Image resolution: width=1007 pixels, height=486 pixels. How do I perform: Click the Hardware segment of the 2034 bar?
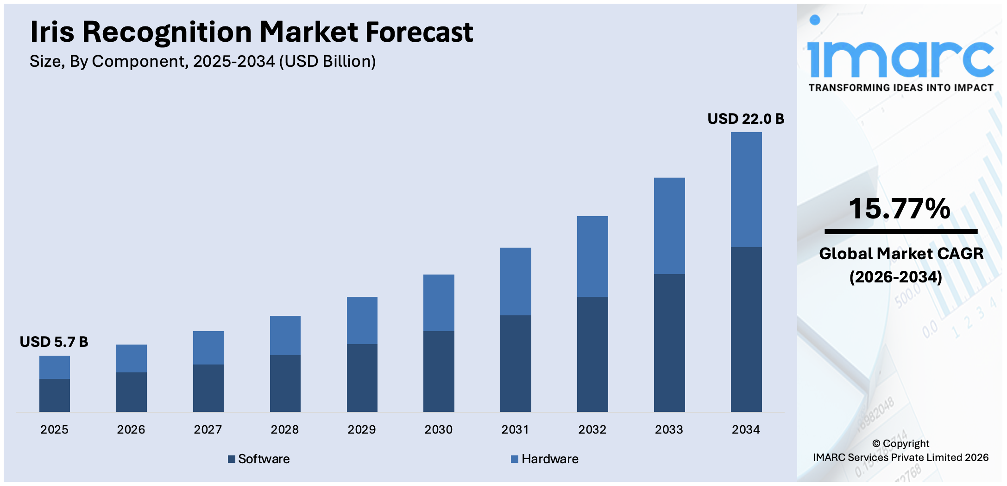pos(746,189)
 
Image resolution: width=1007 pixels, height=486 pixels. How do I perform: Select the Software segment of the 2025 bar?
pos(55,395)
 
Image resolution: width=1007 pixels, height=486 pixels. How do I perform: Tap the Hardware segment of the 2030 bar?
pos(439,302)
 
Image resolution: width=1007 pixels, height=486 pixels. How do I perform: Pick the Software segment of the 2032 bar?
pos(592,354)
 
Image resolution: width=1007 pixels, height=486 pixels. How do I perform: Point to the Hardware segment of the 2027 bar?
pos(208,347)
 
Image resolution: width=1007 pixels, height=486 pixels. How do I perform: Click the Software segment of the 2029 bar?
pos(362,377)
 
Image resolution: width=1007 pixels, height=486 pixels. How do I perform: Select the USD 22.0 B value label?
pos(745,119)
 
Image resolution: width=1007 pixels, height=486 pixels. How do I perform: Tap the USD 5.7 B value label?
pos(54,342)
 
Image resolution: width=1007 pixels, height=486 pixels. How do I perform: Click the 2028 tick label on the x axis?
pos(284,430)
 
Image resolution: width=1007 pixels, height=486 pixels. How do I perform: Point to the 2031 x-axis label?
pos(515,430)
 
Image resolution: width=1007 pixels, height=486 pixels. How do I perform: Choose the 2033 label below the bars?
pos(669,430)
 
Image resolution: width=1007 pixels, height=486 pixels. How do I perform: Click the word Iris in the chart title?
pos(52,32)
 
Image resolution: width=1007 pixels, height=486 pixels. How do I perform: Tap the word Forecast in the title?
pos(419,32)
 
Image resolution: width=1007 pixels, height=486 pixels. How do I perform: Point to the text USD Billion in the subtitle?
pos(327,62)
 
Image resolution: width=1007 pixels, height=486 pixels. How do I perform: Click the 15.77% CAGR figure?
pos(899,209)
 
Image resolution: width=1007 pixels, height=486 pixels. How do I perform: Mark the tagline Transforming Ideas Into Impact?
pos(901,88)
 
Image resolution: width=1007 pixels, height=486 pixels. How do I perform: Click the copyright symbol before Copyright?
pos(876,444)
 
